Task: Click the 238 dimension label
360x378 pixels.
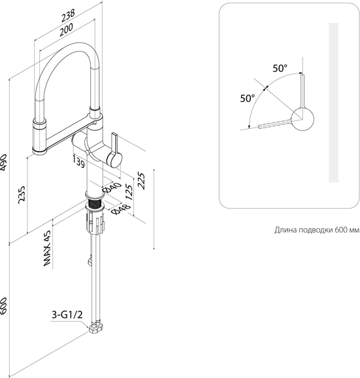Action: click(68, 15)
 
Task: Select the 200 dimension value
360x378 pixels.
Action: click(66, 29)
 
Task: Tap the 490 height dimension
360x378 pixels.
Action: click(4, 162)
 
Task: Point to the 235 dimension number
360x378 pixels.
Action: click(22, 194)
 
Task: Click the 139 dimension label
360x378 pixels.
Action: click(79, 162)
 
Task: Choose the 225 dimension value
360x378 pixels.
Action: click(141, 180)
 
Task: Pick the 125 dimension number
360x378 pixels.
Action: click(129, 192)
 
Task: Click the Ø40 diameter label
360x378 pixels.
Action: click(112, 188)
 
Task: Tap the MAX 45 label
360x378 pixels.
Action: click(48, 249)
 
